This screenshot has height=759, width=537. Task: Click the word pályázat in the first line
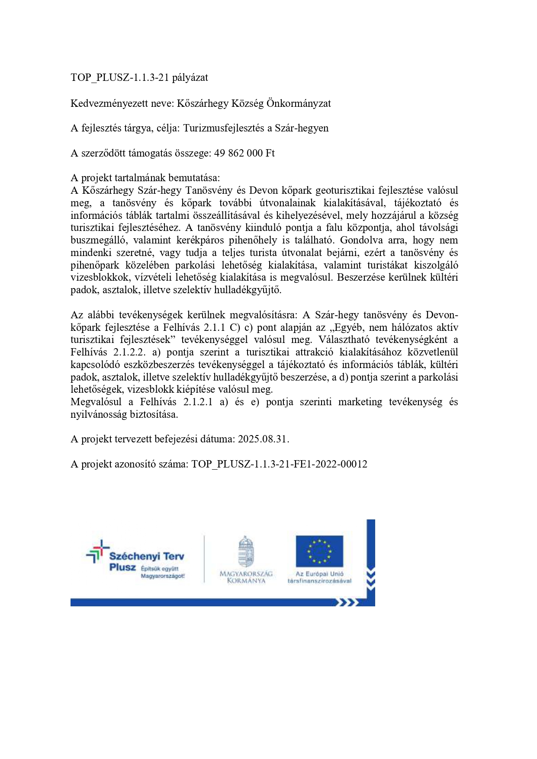pyautogui.click(x=190, y=78)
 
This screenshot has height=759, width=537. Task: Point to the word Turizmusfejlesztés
pyautogui.click(x=228, y=128)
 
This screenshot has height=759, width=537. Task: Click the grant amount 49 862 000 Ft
pyautogui.click(x=244, y=153)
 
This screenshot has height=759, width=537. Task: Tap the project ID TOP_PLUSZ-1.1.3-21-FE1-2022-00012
pyautogui.click(x=279, y=464)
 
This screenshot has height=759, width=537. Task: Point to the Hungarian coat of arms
pyautogui.click(x=246, y=551)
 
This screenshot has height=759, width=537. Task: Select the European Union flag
pyautogui.click(x=319, y=551)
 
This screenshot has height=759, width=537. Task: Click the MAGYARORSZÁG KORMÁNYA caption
pyautogui.click(x=246, y=577)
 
